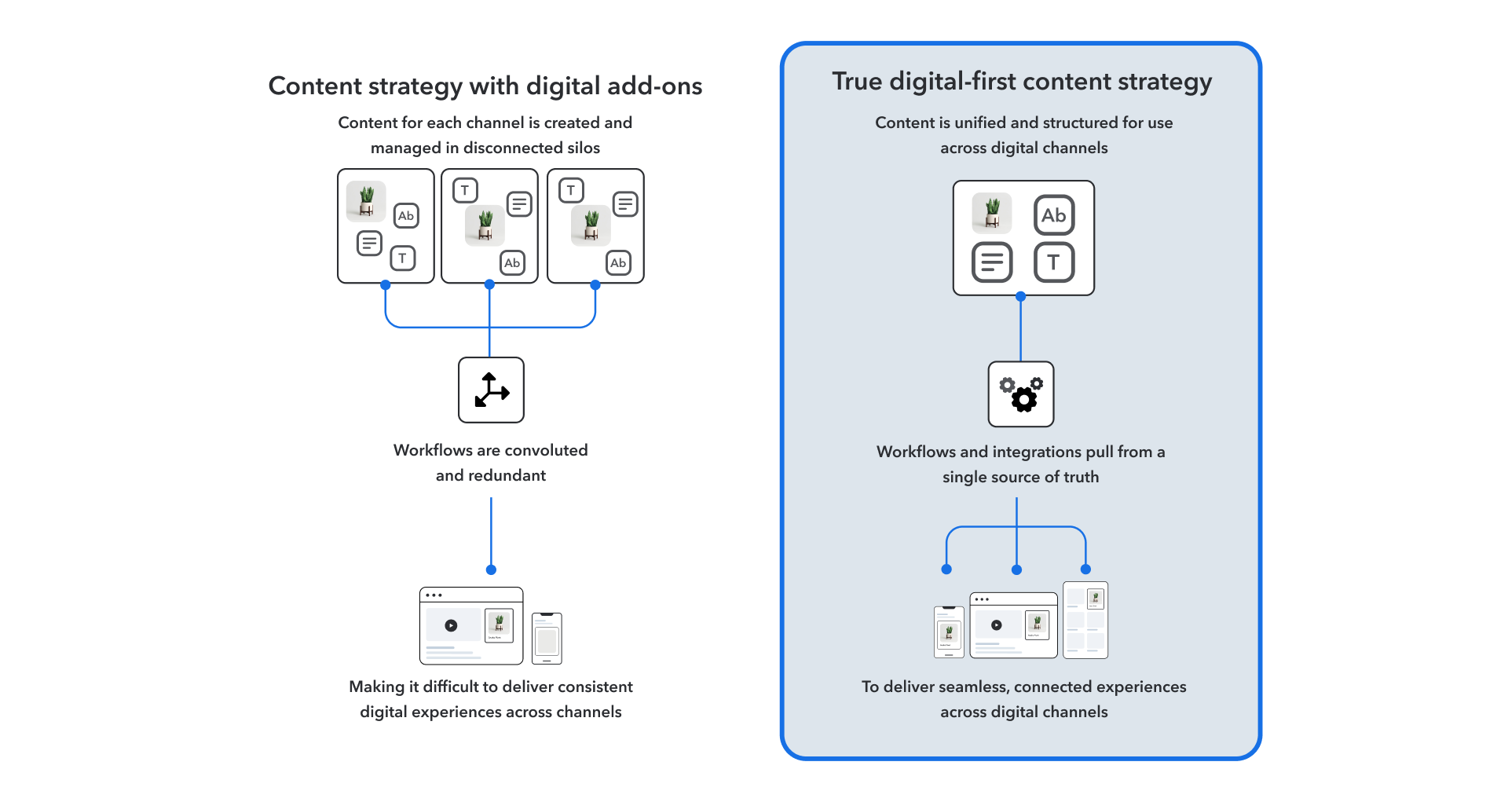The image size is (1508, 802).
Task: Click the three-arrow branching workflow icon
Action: [491, 390]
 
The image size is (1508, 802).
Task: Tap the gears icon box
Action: [1020, 394]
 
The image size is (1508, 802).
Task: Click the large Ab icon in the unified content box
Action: [1053, 215]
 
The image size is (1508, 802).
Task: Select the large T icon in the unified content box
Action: [1053, 262]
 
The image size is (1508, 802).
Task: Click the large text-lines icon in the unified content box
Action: [992, 262]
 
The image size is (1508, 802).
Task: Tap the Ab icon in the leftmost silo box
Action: [405, 216]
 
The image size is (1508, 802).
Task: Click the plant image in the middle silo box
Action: [485, 225]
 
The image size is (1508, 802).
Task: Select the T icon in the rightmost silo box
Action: [571, 190]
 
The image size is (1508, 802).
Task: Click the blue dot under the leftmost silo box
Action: [386, 285]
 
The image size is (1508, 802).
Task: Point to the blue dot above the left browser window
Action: [491, 569]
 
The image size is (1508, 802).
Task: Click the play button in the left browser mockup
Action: [451, 626]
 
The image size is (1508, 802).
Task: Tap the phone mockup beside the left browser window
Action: [547, 639]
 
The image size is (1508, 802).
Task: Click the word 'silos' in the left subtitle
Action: [583, 148]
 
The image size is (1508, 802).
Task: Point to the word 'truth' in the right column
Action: [1081, 477]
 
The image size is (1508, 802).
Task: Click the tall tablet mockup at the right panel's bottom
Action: [1085, 620]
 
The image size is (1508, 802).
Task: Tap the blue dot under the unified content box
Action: [1020, 297]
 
